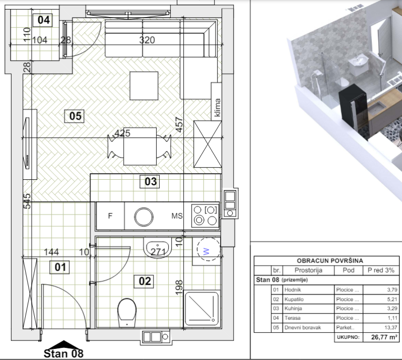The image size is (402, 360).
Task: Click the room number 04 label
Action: coord(43,20)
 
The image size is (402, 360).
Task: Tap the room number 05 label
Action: coord(74,116)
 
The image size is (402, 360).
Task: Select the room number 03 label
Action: coord(150,182)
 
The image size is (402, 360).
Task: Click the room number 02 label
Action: coord(144,281)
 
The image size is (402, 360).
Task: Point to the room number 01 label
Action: coord(59,267)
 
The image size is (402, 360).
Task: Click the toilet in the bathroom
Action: coord(127,313)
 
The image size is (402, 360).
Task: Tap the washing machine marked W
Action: coord(209,250)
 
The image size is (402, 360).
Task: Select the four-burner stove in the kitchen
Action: coord(205,216)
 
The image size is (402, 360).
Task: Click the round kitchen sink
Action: coord(144,217)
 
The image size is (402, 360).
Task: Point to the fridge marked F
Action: coord(110,216)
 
